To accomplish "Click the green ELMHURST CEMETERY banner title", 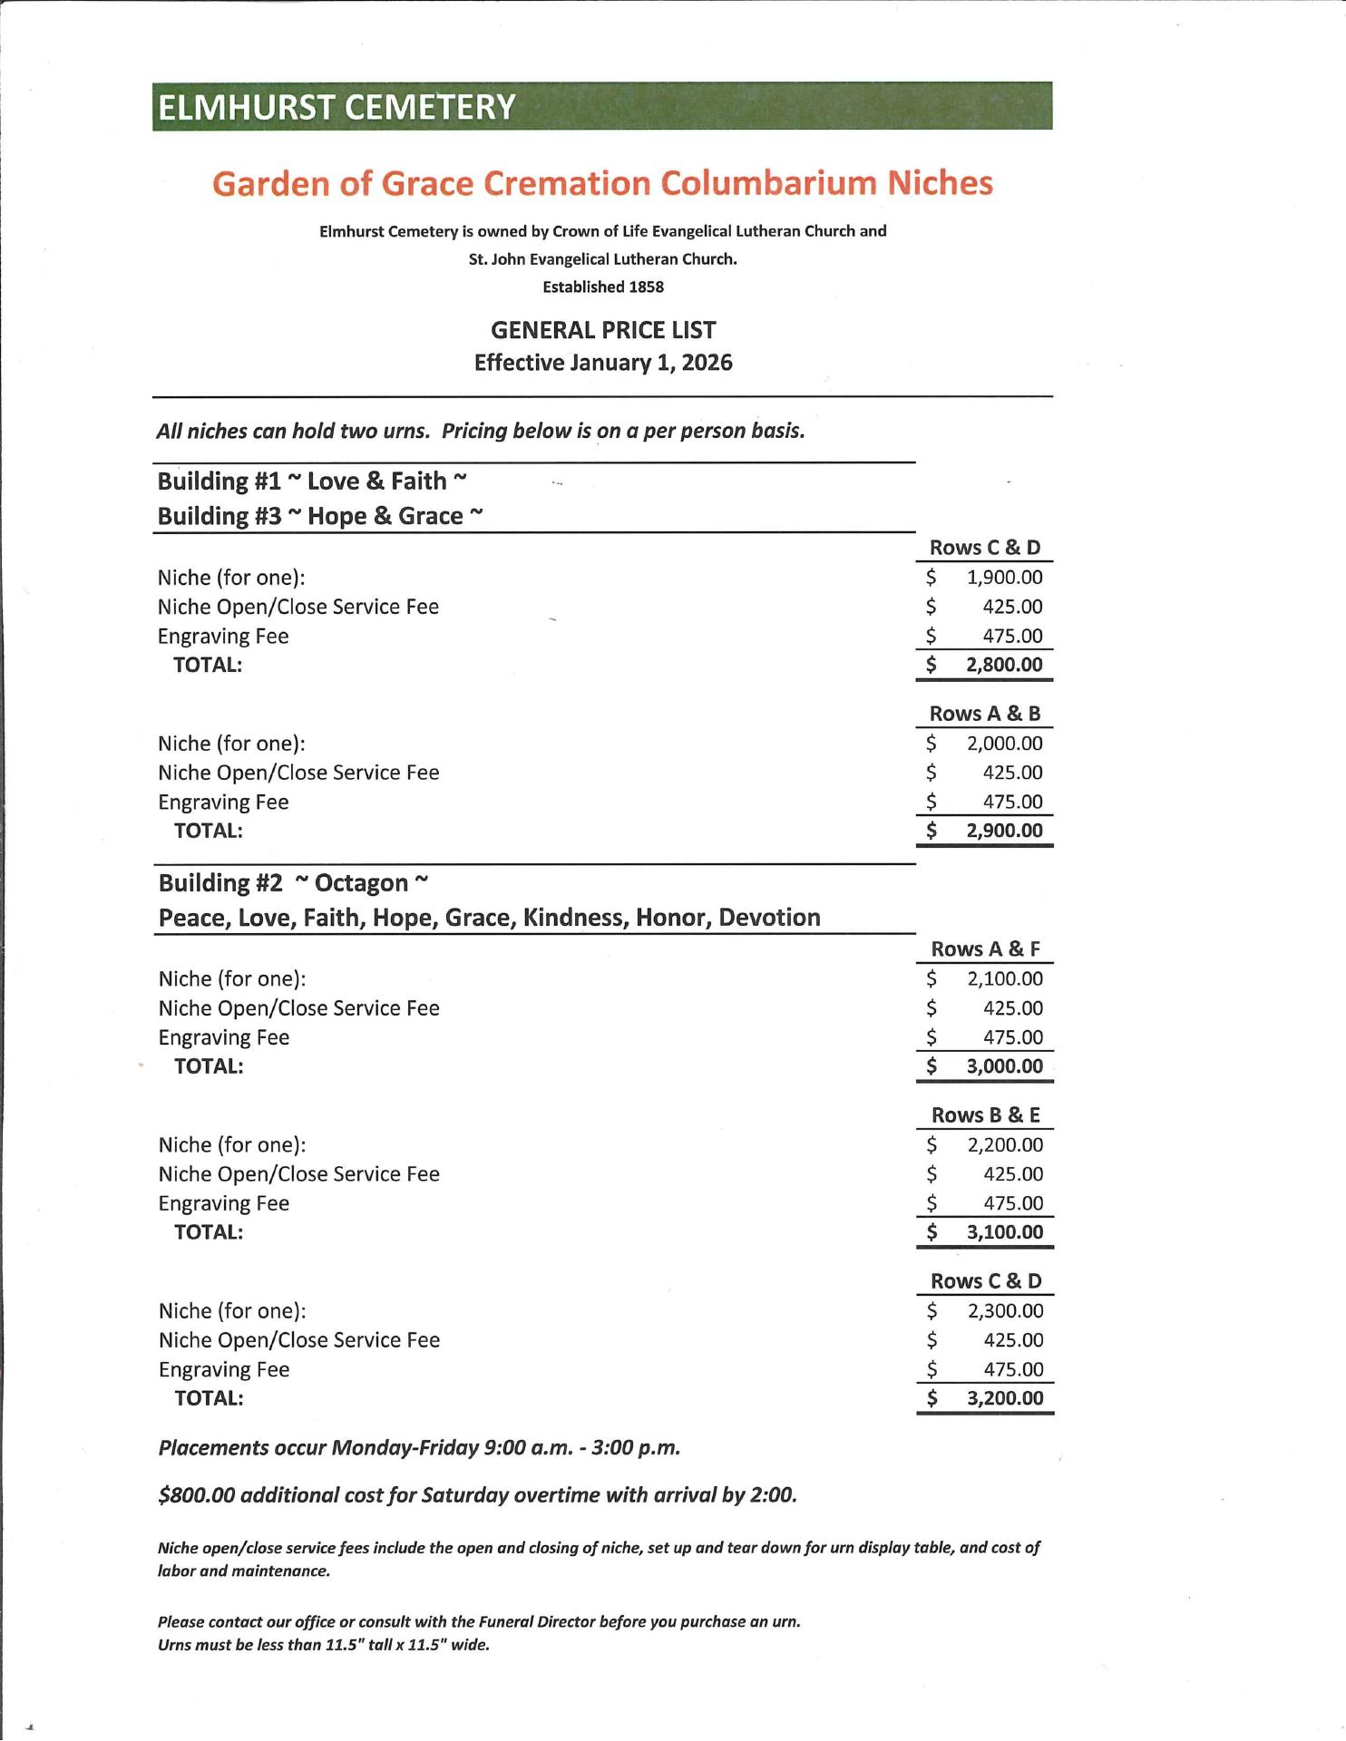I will [336, 107].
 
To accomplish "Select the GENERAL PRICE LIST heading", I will [603, 330].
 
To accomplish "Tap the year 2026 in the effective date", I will [707, 363].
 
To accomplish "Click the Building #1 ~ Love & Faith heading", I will [311, 481].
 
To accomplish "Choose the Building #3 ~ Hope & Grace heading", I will [319, 516].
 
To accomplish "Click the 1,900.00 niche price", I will [1004, 578].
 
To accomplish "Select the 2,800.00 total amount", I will [1004, 665].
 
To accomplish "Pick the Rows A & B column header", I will [985, 714].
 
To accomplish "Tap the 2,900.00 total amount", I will [1004, 831].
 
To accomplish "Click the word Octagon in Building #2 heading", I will [361, 883].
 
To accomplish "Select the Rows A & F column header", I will [986, 949].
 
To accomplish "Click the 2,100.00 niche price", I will [1005, 979].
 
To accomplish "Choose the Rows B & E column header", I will [986, 1115].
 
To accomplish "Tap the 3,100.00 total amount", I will [1005, 1232].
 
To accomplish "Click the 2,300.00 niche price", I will [1005, 1311].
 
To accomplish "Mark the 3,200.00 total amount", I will [1005, 1398].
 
